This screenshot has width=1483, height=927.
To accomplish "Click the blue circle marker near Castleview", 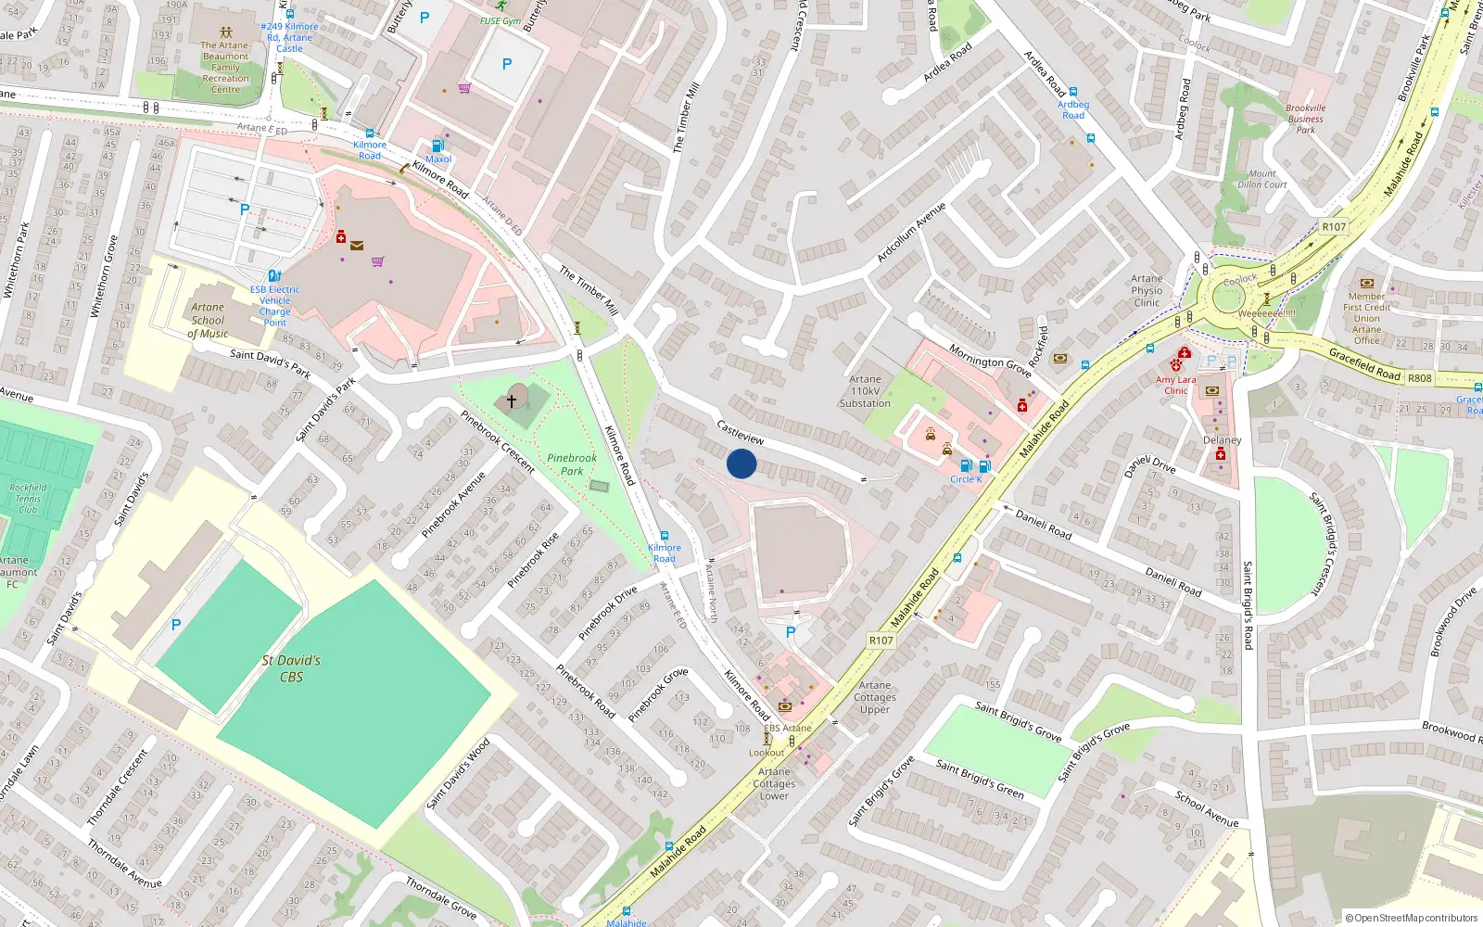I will tap(741, 463).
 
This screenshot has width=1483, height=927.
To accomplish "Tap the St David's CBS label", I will tap(291, 668).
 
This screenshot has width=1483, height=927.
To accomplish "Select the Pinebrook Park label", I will tap(572, 464).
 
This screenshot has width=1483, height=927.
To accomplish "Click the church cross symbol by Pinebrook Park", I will tap(511, 400).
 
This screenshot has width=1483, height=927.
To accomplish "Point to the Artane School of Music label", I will tap(208, 320).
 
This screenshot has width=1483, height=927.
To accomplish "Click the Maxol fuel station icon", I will tap(438, 146).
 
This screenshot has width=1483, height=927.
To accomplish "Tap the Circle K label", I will tap(966, 479).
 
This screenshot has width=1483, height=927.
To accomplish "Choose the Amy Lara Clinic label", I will tap(1176, 385).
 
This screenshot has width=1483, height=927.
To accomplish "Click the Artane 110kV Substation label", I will tap(865, 391).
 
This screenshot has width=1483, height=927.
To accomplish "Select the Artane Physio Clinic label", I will tap(1147, 290).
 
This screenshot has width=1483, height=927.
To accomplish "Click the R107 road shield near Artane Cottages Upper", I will tap(881, 641).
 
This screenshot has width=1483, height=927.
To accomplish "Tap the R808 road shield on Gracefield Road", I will tap(1419, 378).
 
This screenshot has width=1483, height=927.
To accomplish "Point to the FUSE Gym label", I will tap(501, 20).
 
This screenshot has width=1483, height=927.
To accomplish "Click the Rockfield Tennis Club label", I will tap(28, 498).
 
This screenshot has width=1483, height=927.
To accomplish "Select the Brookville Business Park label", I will tap(1305, 119).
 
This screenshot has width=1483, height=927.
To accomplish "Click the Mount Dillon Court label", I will tap(1262, 179).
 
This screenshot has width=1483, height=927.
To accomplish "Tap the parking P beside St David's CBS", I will tap(176, 625).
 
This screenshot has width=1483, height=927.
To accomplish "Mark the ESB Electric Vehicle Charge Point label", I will tap(275, 306).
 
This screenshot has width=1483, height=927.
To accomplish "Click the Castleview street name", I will tap(741, 432).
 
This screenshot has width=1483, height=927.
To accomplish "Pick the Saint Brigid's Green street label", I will tap(980, 779).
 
